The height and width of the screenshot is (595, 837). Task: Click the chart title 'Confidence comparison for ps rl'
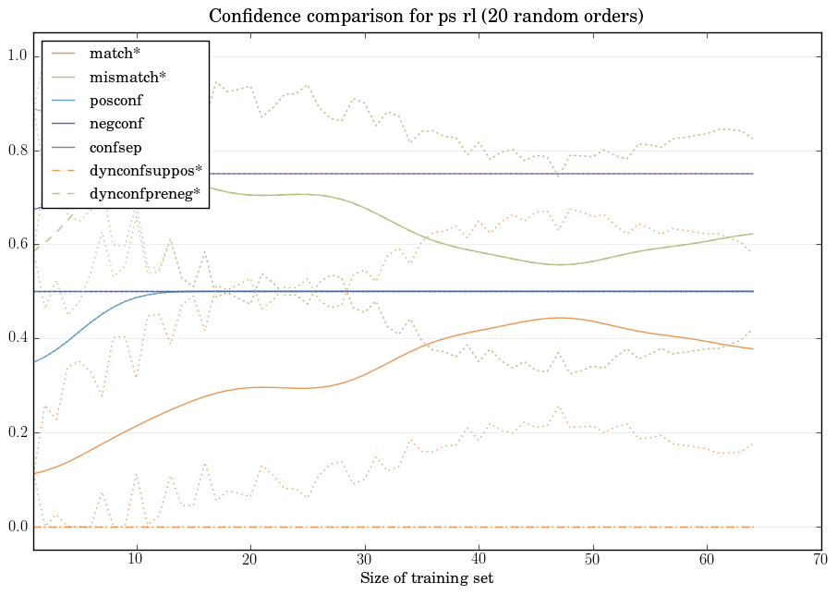pyautogui.click(x=426, y=17)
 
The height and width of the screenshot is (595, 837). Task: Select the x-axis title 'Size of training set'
pyautogui.click(x=426, y=578)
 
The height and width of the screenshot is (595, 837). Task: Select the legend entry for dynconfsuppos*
pyautogui.click(x=145, y=171)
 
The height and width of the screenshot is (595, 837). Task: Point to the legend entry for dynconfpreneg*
pyautogui.click(x=145, y=194)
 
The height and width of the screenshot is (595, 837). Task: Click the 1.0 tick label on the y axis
pyautogui.click(x=18, y=56)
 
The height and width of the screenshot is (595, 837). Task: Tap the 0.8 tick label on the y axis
pyautogui.click(x=18, y=151)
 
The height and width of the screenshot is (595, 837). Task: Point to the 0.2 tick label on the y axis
pyautogui.click(x=18, y=432)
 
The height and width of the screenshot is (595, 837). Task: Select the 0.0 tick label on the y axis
pyautogui.click(x=18, y=527)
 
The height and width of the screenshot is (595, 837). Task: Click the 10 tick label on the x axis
pyautogui.click(x=136, y=559)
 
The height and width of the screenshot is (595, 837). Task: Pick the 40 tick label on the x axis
pyautogui.click(x=479, y=559)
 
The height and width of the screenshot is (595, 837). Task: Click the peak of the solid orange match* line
pyautogui.click(x=558, y=318)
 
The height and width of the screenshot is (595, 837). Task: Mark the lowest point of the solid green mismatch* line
pyautogui.click(x=559, y=264)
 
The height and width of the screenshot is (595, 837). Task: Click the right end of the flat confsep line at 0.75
pyautogui.click(x=753, y=174)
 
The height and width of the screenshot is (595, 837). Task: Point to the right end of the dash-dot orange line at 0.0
pyautogui.click(x=753, y=527)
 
